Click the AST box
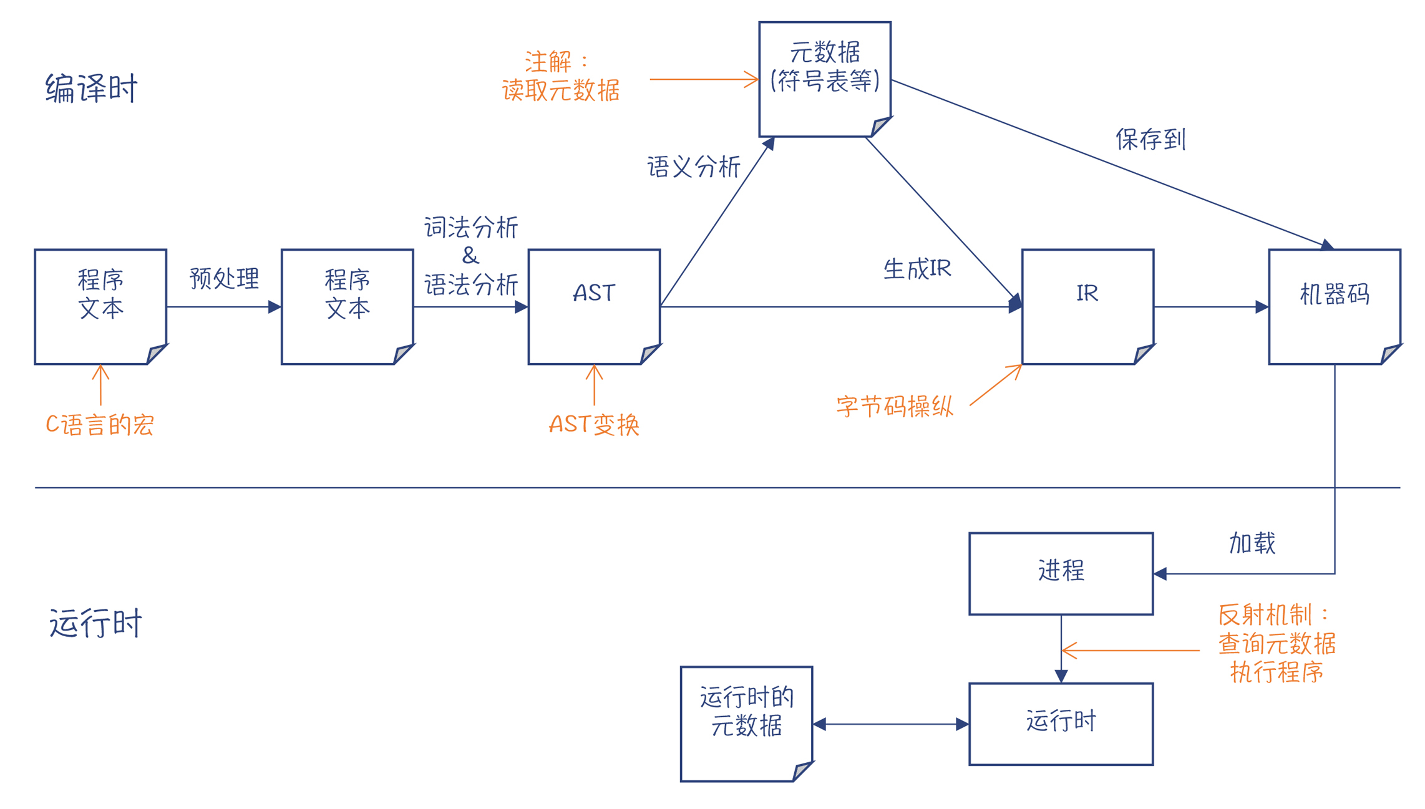593,306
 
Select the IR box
1087,306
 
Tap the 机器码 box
1334,306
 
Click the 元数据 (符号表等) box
824,79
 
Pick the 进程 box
1061,573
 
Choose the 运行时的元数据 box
746,723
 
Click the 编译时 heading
91,88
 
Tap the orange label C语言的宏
100,425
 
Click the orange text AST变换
593,425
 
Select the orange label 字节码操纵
894,407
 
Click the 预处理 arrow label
224,278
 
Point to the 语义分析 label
693,167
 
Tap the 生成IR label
917,269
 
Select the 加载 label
1252,543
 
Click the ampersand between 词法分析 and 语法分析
470,256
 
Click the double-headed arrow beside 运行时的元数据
890,724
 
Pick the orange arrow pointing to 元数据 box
703,79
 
